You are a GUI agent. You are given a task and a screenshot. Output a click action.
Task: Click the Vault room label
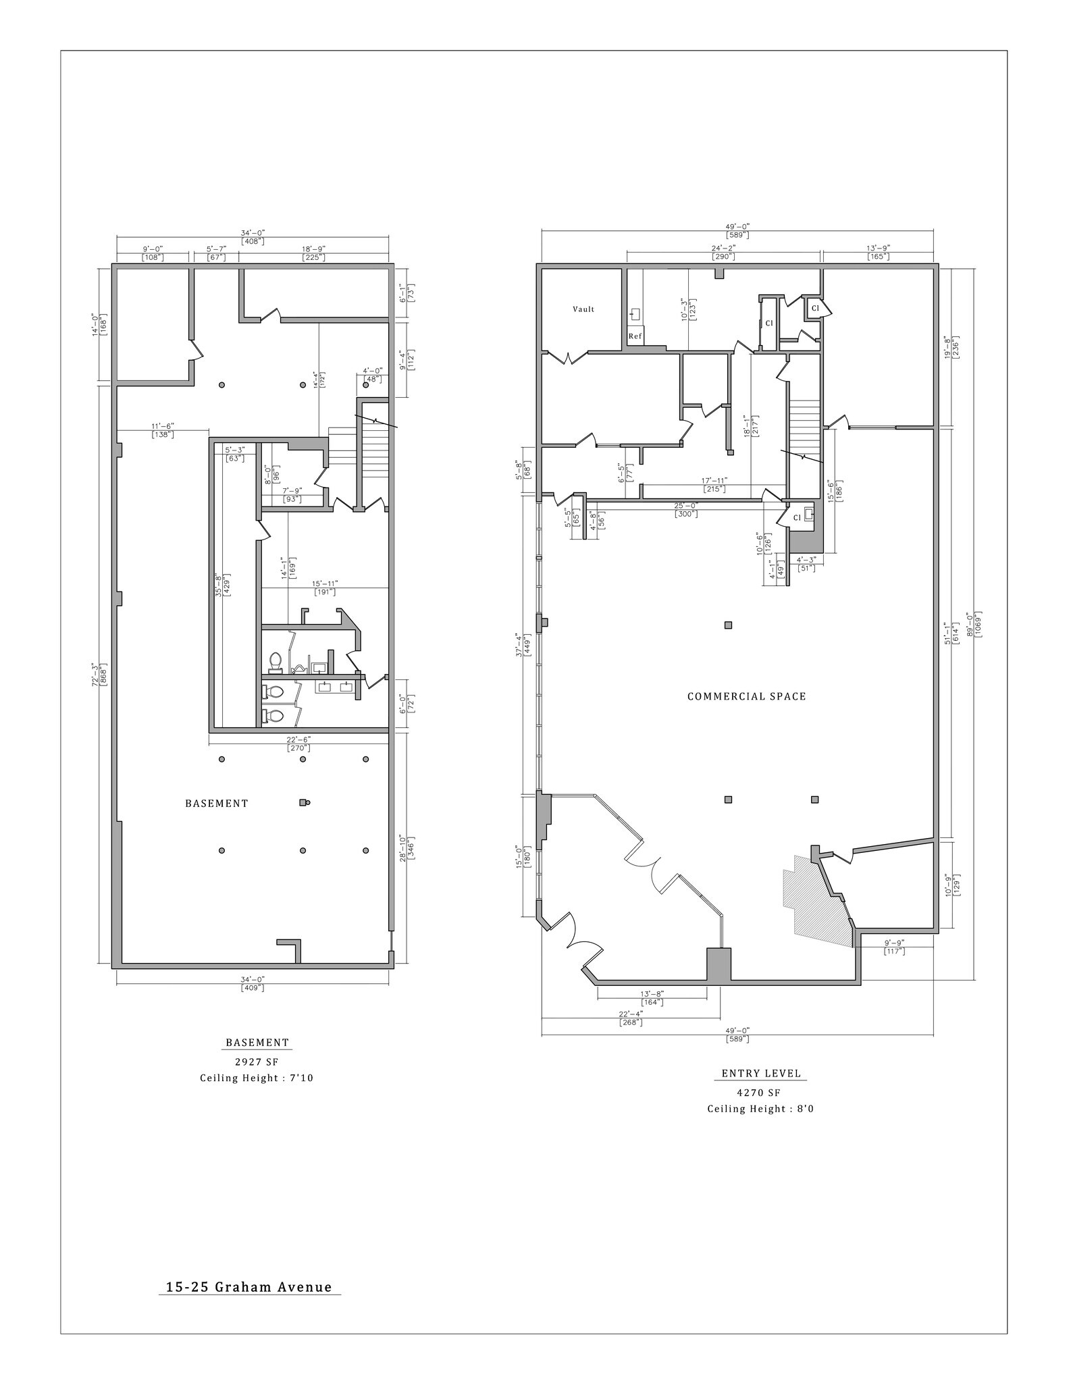(x=583, y=309)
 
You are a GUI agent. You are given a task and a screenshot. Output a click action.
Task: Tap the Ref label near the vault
(x=635, y=336)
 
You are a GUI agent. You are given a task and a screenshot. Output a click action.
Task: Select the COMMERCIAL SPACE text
(x=746, y=696)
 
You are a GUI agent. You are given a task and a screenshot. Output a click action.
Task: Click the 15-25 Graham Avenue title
(x=249, y=1287)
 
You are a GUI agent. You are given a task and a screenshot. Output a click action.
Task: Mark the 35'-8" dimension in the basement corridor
(x=217, y=585)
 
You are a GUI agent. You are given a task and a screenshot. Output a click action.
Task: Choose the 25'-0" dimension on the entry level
(x=685, y=505)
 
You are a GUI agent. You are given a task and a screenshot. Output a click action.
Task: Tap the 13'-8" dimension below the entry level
(x=652, y=993)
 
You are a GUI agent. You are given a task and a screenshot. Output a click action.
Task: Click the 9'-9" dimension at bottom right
(x=893, y=942)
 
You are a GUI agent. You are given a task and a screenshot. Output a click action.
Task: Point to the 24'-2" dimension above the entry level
(x=723, y=248)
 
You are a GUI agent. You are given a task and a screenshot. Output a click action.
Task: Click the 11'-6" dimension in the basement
(x=162, y=426)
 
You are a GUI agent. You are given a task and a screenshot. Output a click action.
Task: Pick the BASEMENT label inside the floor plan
(x=217, y=804)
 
